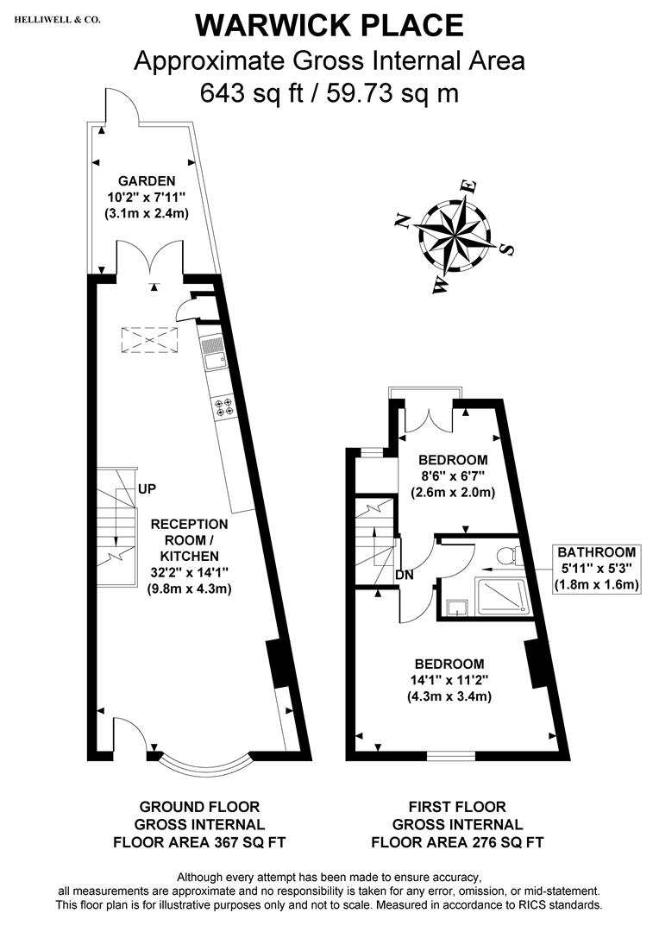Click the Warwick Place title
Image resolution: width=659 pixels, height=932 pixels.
(x=329, y=26)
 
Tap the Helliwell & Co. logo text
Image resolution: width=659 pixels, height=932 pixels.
(x=57, y=20)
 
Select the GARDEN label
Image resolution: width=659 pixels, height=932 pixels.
(x=146, y=180)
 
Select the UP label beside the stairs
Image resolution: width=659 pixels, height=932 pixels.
(x=147, y=489)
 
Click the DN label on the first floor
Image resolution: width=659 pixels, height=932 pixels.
(x=405, y=576)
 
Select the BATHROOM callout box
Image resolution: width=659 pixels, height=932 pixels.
(x=597, y=568)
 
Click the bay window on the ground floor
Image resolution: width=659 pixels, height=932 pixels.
(x=206, y=763)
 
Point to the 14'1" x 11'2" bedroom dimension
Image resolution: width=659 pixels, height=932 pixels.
(x=449, y=680)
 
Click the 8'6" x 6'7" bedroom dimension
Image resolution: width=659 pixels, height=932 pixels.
(x=453, y=476)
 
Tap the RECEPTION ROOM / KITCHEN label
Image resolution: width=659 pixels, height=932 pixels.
(x=190, y=540)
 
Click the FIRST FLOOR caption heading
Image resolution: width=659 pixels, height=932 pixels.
(x=457, y=807)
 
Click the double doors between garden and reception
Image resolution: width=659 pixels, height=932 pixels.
(x=148, y=259)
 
